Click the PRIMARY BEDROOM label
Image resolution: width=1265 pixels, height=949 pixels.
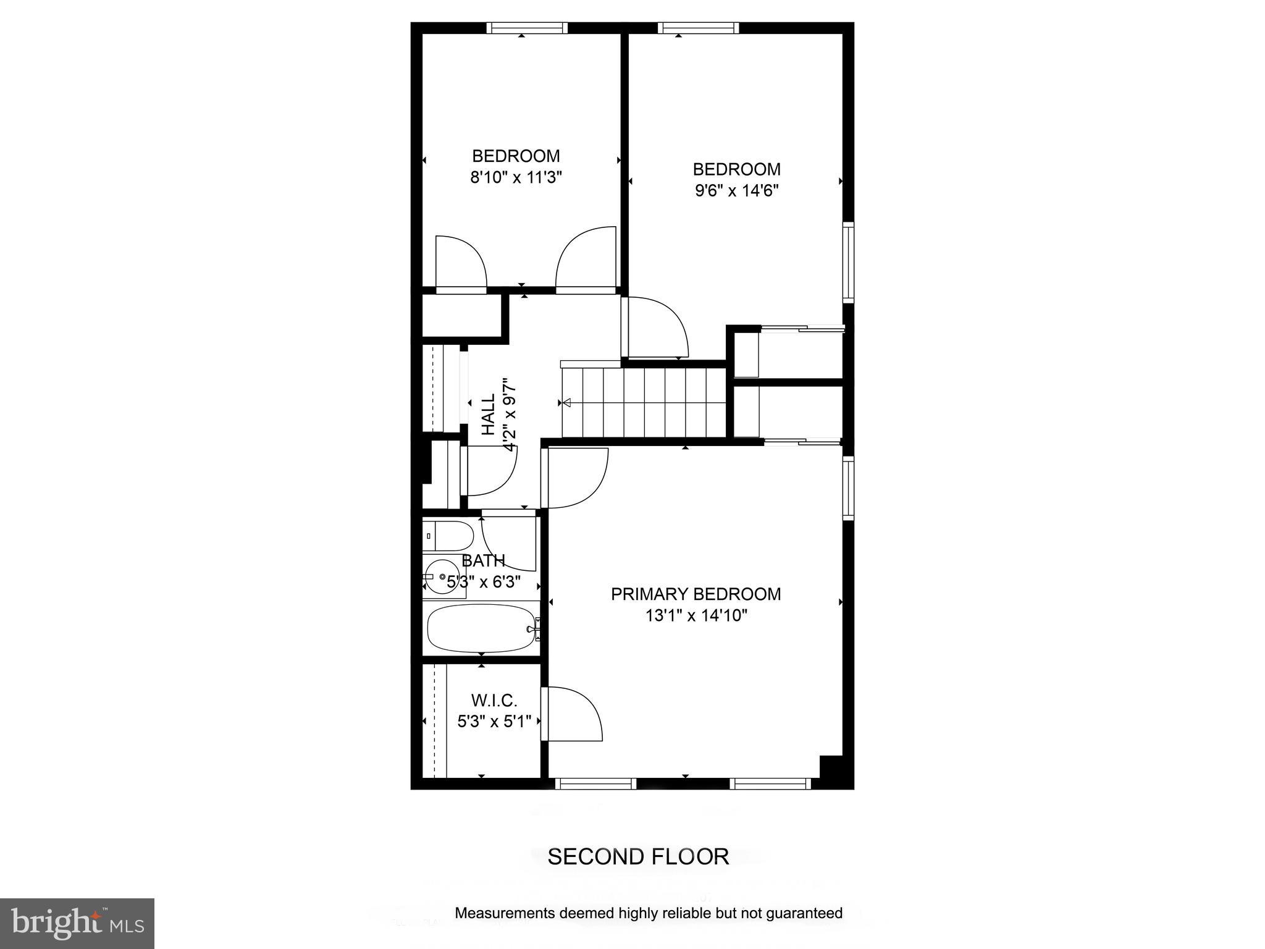pyautogui.click(x=696, y=594)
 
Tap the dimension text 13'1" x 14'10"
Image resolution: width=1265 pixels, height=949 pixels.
pyautogui.click(x=696, y=616)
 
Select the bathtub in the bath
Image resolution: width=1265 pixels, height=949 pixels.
pyautogui.click(x=481, y=628)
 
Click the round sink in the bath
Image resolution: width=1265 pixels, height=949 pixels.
pyautogui.click(x=442, y=577)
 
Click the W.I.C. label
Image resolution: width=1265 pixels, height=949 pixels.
pyautogui.click(x=494, y=701)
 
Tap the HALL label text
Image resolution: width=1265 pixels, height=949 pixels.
pyautogui.click(x=489, y=415)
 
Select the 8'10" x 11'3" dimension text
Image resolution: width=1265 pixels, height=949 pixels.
pyautogui.click(x=516, y=179)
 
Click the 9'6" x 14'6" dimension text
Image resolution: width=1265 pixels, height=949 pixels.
pyautogui.click(x=736, y=191)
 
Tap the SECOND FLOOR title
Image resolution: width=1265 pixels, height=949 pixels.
pyautogui.click(x=638, y=857)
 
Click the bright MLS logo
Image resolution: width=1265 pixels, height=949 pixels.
pyautogui.click(x=77, y=923)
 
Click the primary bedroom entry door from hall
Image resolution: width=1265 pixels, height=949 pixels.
pyautogui.click(x=574, y=478)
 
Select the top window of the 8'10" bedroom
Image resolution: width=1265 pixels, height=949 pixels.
pyautogui.click(x=526, y=28)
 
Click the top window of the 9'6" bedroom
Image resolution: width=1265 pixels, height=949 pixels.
pyautogui.click(x=698, y=28)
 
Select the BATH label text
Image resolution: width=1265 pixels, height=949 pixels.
pyautogui.click(x=483, y=561)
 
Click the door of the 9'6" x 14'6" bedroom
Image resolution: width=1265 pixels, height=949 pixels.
pyautogui.click(x=655, y=327)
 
